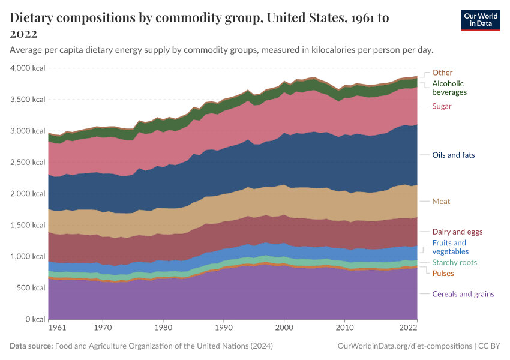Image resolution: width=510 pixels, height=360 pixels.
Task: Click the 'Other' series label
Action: point(442,73)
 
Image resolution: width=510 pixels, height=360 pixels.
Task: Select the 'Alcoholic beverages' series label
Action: point(449,88)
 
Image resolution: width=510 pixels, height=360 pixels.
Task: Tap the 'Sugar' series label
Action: point(442,106)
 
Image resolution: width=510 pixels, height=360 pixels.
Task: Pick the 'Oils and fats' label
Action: point(453,155)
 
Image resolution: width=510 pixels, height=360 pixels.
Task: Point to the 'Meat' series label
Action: point(441,202)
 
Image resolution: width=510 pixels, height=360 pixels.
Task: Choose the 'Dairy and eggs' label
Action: point(457,232)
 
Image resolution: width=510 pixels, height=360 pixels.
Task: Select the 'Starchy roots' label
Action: point(454,263)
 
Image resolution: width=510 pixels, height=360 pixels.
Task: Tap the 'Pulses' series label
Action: point(443,274)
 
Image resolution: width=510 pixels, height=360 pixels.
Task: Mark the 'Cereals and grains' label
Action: point(463,294)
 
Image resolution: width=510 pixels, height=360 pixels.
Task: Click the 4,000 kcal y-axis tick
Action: point(28,68)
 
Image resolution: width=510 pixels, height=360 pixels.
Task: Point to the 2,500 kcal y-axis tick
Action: point(28,163)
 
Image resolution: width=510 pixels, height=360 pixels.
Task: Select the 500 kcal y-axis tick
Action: point(31,288)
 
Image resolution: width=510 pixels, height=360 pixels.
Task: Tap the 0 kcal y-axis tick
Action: point(34,319)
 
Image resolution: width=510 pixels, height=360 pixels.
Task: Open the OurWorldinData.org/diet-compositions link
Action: point(405,346)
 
